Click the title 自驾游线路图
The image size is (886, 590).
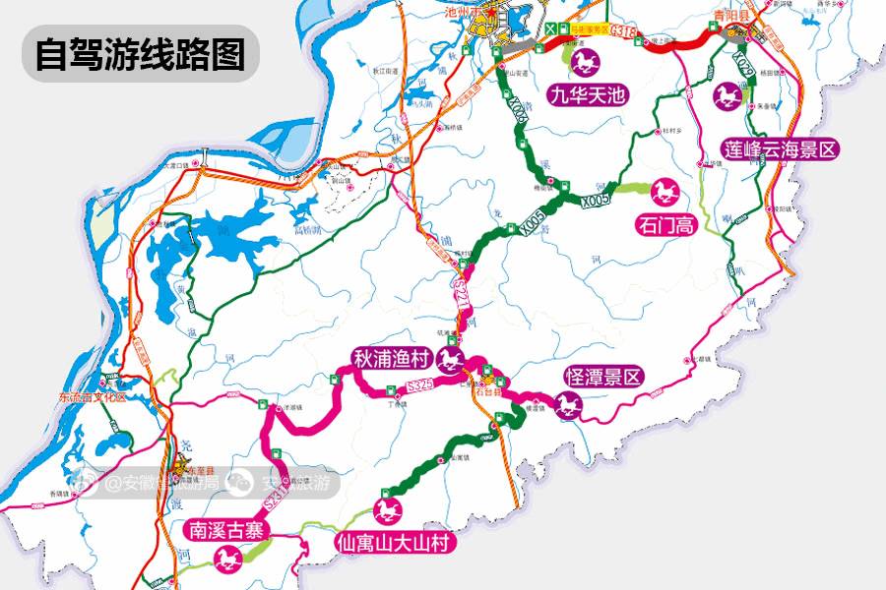point(140,54)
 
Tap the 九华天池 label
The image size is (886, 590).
point(589,96)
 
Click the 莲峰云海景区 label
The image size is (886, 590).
point(781,150)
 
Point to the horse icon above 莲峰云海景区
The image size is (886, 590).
point(728,97)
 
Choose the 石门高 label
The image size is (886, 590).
point(666,224)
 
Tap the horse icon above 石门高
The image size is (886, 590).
point(661,191)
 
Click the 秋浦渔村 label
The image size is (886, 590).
point(393,356)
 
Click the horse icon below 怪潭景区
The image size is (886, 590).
point(568,405)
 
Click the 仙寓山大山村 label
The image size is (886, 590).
point(392,542)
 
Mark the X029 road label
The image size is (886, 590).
point(745,66)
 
